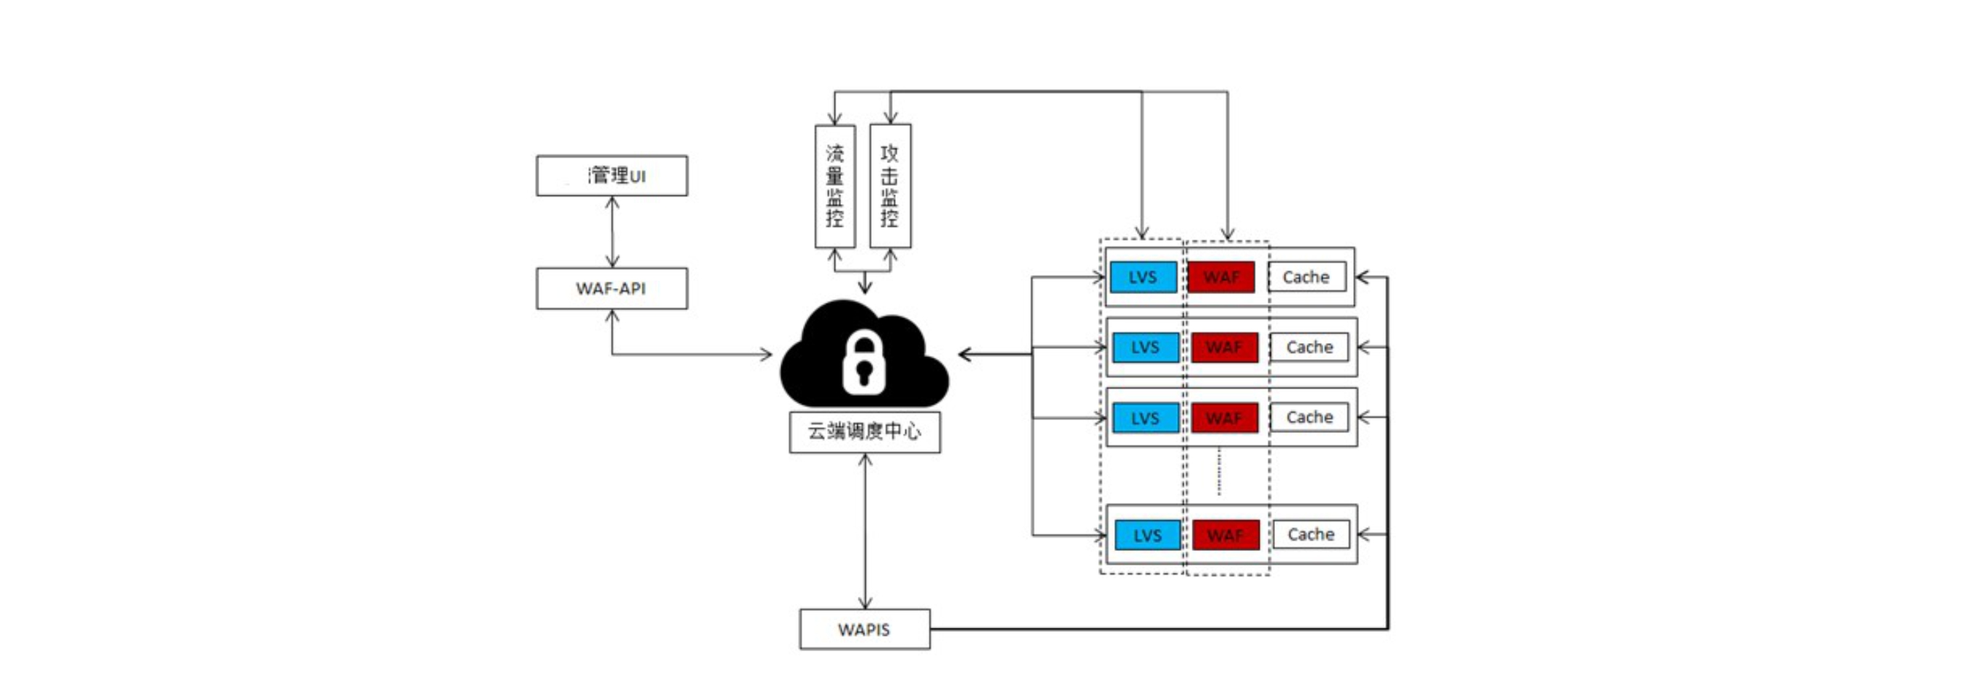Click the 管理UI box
click(612, 176)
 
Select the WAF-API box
click(612, 288)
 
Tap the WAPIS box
click(864, 630)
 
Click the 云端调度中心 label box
click(864, 432)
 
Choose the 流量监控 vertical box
click(835, 186)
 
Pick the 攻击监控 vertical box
click(890, 186)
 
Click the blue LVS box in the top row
click(1143, 277)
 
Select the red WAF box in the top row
click(1221, 277)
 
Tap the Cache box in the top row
click(1306, 277)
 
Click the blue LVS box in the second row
click(1145, 347)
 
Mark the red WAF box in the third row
click(1225, 418)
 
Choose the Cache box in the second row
click(1309, 347)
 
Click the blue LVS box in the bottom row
click(1147, 535)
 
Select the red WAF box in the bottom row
click(1226, 535)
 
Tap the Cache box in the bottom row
click(1311, 534)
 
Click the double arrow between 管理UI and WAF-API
click(612, 231)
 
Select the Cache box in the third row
click(1309, 418)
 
